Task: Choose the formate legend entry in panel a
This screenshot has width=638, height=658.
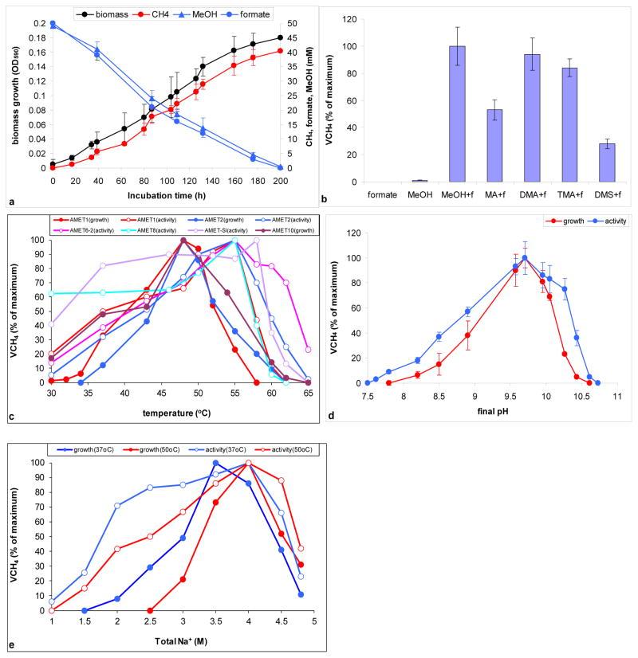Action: [272, 14]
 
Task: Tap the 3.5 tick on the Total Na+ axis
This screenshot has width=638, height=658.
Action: [215, 622]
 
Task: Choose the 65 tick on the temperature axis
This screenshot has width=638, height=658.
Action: [308, 394]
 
